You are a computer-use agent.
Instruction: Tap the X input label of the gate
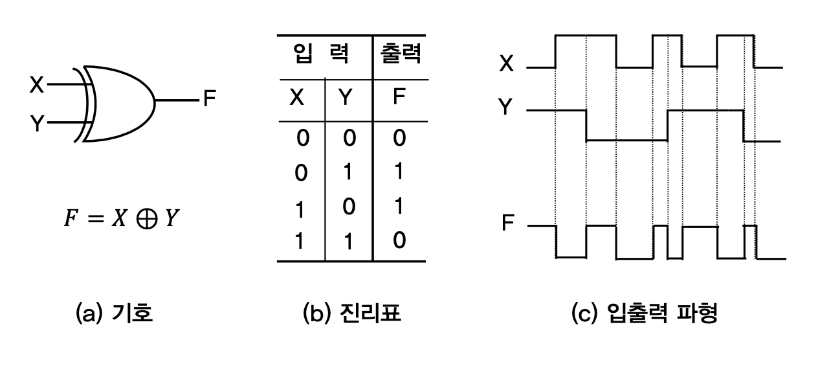tap(38, 85)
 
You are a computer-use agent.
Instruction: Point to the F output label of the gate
tap(209, 100)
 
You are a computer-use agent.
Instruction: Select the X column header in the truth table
tap(296, 98)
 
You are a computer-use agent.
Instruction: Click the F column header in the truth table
tap(399, 98)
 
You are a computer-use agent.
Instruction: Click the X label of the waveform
tap(507, 63)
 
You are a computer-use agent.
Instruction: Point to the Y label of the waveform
tap(507, 107)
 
